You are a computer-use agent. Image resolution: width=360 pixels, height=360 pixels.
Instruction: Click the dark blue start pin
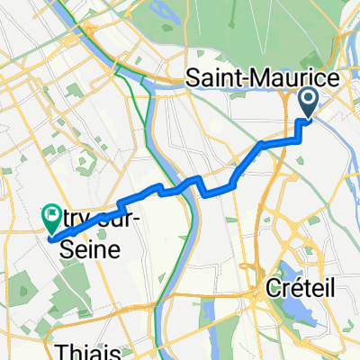click(308, 103)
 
